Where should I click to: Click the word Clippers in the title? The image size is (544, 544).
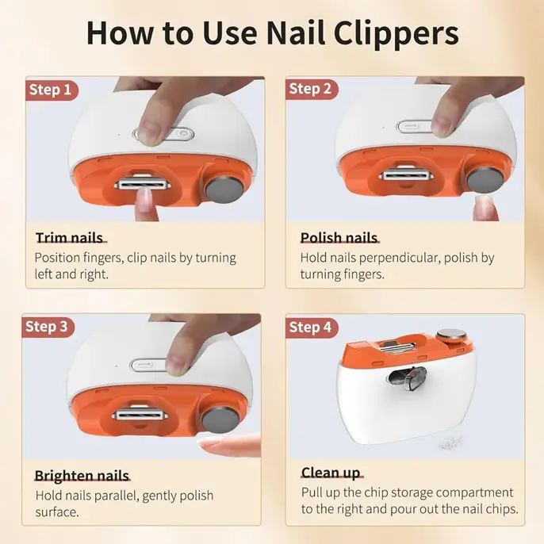(397, 34)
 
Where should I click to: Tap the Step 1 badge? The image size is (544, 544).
(52, 90)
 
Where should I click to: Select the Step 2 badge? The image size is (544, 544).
(311, 89)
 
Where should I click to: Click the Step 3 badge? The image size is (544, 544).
(48, 327)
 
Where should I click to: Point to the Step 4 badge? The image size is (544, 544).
(311, 328)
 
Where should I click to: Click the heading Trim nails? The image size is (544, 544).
(70, 238)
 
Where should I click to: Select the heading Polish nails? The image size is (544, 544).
(339, 238)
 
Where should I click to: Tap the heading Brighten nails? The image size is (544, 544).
(82, 475)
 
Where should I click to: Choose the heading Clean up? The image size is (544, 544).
(331, 473)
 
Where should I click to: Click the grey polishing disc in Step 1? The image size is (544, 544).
(225, 190)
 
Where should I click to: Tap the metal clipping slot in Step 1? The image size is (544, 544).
(144, 184)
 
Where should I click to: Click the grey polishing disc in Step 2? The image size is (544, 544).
(485, 180)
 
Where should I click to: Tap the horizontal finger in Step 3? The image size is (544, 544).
(230, 445)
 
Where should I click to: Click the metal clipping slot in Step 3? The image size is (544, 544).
(140, 414)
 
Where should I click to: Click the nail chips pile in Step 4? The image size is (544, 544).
(450, 442)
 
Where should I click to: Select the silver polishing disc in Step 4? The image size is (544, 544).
(451, 335)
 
